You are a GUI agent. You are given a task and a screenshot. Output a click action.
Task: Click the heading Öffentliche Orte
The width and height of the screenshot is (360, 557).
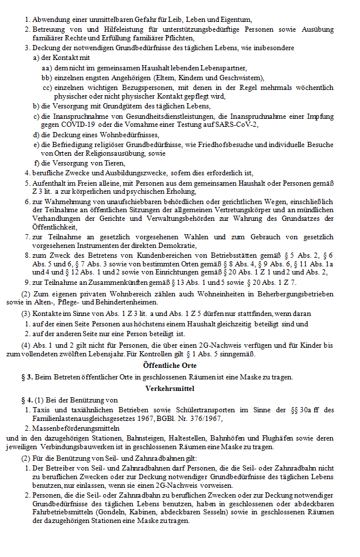[170, 366]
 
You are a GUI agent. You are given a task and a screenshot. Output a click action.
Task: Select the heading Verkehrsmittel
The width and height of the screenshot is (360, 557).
[170, 389]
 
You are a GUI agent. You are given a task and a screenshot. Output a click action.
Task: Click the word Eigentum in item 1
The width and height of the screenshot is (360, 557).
[218, 20]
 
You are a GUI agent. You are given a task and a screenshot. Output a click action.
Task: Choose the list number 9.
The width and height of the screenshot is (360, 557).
[27, 282]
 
